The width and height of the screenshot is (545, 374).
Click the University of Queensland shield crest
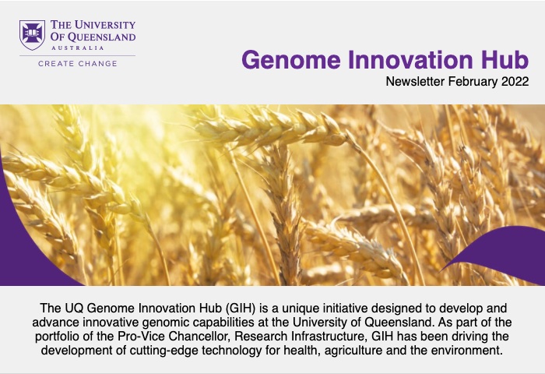tap(32, 35)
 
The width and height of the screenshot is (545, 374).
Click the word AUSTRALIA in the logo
tap(78, 48)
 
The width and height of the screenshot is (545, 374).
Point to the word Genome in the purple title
tap(291, 60)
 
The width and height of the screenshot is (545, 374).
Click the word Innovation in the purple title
tap(410, 59)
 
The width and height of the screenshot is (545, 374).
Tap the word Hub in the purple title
tap(505, 59)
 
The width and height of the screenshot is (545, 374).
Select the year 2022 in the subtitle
tap(515, 81)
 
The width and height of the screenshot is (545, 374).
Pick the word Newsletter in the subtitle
tap(415, 81)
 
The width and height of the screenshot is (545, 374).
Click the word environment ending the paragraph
tap(468, 350)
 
